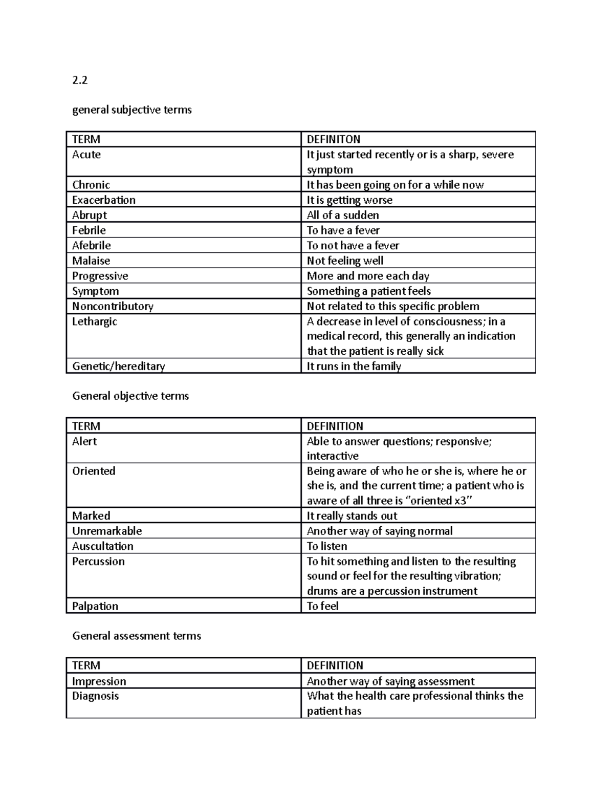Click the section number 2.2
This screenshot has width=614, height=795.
coord(80,80)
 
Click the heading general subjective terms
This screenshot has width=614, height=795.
coord(131,110)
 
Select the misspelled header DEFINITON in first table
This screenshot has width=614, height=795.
coord(333,139)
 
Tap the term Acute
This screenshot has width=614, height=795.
coord(86,155)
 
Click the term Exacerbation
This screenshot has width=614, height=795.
coord(103,200)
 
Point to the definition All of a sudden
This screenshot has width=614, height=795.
coord(342,215)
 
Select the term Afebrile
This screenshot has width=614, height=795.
coord(91,245)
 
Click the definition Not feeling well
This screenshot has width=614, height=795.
coord(345,261)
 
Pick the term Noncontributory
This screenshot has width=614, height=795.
coord(113,306)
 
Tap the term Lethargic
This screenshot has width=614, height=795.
coord(94,321)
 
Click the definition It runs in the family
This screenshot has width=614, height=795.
coord(354,366)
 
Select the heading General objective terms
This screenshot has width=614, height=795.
coord(130,396)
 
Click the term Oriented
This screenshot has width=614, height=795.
coord(94,471)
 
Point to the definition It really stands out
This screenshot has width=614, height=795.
coord(352,515)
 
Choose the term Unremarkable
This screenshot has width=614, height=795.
coord(106,531)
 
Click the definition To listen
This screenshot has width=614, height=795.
coord(326,546)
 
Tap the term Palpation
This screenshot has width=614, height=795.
coord(95,606)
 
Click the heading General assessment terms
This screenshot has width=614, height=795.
coord(137,636)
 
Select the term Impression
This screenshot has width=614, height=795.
coord(99,681)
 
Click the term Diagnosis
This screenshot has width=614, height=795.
coord(95,696)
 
